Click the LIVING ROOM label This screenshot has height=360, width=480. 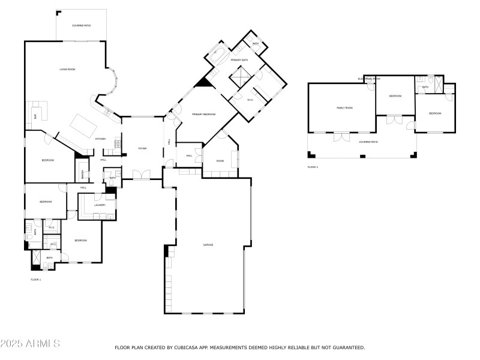pyautogui.click(x=67, y=70)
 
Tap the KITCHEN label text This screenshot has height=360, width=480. pyautogui.click(x=100, y=139)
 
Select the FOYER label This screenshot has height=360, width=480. pyautogui.click(x=142, y=148)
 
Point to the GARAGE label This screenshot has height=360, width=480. pyautogui.click(x=208, y=245)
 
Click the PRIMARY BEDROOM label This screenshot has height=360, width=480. pyautogui.click(x=203, y=114)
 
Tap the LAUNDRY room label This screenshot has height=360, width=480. pyautogui.click(x=100, y=205)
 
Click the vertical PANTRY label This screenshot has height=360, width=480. pyautogui.click(x=83, y=174)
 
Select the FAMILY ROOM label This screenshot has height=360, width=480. pyautogui.click(x=344, y=108)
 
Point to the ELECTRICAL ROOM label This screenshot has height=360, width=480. pyautogui.click(x=369, y=79)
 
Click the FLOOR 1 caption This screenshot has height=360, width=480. pyautogui.click(x=36, y=280)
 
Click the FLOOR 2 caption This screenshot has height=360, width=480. pyautogui.click(x=313, y=167)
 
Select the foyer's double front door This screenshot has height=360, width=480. pyautogui.click(x=142, y=175)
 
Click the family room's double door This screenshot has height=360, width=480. pyautogui.click(x=341, y=136)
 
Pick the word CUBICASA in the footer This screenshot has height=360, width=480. pyautogui.click(x=190, y=347)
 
